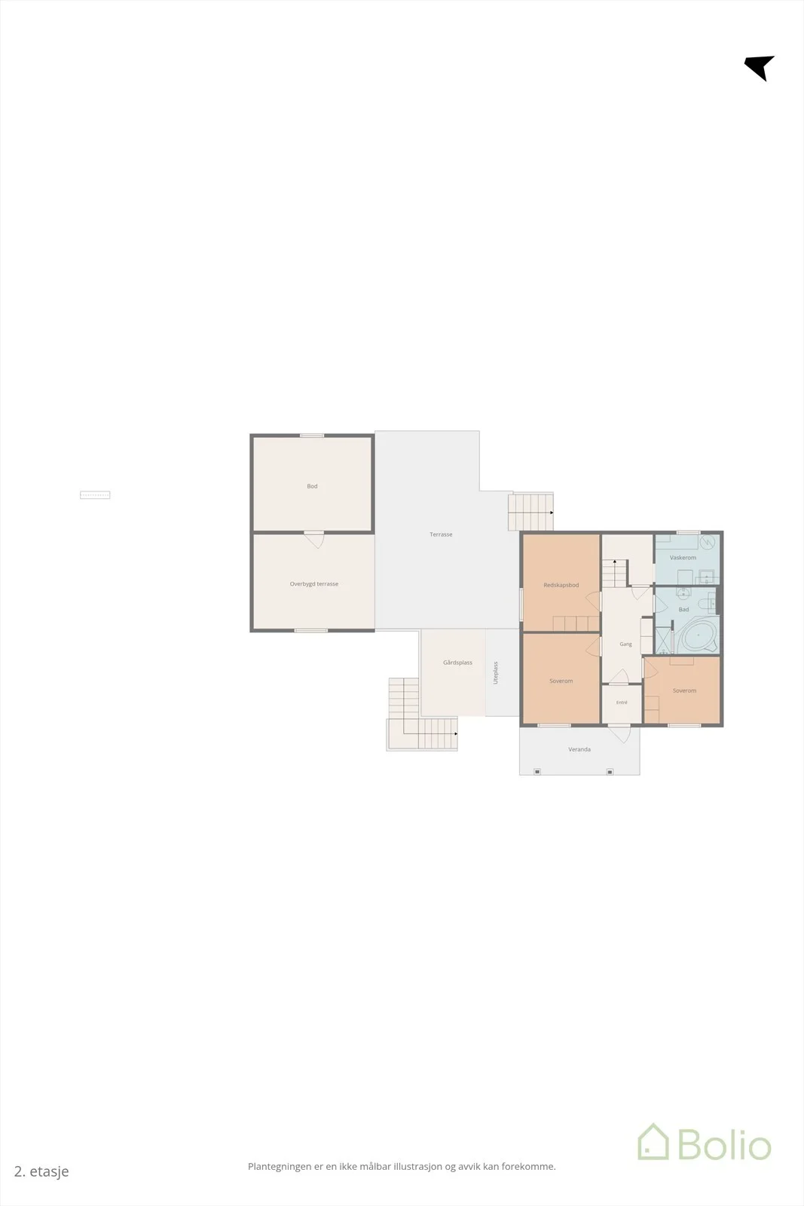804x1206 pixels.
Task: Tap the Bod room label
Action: pyautogui.click(x=312, y=486)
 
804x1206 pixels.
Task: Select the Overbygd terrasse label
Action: pyautogui.click(x=313, y=583)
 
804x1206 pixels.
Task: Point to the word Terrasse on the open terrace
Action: pyautogui.click(x=441, y=534)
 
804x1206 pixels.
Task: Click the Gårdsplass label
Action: pyautogui.click(x=457, y=663)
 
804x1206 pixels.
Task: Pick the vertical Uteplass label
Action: pyautogui.click(x=496, y=673)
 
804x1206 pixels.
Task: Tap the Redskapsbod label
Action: pyautogui.click(x=561, y=585)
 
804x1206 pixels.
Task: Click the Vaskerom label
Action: pyautogui.click(x=683, y=558)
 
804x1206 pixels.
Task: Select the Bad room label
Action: pyautogui.click(x=683, y=610)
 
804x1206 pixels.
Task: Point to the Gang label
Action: pyautogui.click(x=625, y=644)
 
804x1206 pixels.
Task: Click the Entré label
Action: pyautogui.click(x=622, y=702)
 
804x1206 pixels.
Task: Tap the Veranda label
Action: pyautogui.click(x=579, y=749)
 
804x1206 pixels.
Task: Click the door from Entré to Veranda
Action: pyautogui.click(x=619, y=733)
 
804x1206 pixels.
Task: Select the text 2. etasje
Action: pyautogui.click(x=41, y=1171)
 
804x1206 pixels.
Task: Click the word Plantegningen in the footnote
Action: pyautogui.click(x=280, y=1167)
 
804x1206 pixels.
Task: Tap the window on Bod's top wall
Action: pyautogui.click(x=312, y=436)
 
